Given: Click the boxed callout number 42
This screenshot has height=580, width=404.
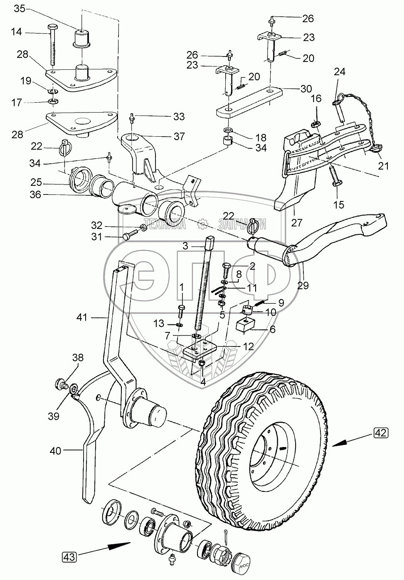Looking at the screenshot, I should [382, 433].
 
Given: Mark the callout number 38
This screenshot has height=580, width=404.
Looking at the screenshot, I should [78, 357].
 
